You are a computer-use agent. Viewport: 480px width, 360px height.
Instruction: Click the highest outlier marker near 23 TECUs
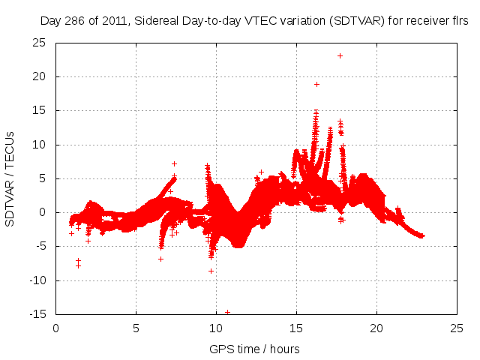point(340,55)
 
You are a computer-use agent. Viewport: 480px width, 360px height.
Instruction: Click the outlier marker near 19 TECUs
point(316,84)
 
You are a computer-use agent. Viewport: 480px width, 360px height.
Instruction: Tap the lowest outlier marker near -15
point(227,312)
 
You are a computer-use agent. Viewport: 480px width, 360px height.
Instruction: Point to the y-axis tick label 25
point(39,43)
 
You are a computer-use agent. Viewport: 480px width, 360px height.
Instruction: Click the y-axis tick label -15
point(37,314)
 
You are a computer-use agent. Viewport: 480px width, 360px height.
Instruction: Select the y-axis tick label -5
point(39,247)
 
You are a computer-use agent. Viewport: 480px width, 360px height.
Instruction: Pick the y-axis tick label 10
point(39,145)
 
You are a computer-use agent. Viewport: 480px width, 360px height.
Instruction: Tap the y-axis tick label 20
point(39,76)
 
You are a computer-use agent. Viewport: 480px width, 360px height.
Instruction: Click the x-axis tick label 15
point(296,328)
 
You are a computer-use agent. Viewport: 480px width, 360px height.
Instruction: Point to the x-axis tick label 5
point(136,328)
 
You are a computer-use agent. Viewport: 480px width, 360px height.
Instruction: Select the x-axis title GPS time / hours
point(256,349)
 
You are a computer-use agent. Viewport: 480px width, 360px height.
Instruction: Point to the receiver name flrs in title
point(459,22)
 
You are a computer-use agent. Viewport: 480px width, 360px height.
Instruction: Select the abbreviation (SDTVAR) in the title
point(350,22)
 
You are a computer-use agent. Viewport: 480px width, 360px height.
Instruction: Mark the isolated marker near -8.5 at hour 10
point(211,271)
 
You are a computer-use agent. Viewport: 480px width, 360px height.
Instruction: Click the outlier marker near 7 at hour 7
point(174,163)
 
